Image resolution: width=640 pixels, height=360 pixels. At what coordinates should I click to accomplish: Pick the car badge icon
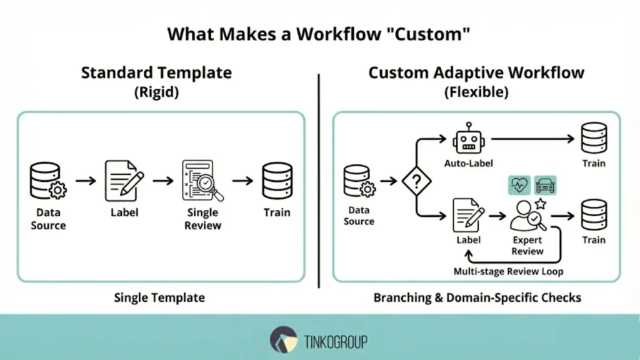(x=545, y=186)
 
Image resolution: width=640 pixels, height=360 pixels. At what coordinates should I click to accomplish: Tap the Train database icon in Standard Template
(x=276, y=180)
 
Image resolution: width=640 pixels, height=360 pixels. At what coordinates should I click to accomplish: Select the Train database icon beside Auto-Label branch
(x=593, y=139)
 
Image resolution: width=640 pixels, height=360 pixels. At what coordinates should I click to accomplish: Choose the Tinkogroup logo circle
(x=283, y=340)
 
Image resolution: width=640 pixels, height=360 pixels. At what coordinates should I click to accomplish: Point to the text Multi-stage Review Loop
(x=508, y=271)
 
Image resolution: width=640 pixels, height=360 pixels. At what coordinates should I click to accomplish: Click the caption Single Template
(x=159, y=297)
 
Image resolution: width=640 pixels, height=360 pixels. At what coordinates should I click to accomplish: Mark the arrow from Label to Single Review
(x=162, y=181)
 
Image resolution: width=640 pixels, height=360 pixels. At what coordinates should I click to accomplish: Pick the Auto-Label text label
(x=469, y=164)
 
